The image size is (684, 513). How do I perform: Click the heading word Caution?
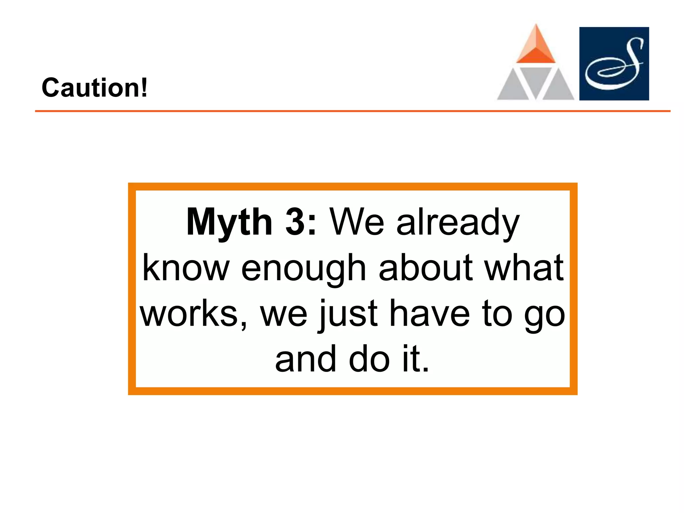[94, 88]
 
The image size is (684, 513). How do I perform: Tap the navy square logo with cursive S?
[614, 63]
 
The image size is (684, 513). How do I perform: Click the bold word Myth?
[229, 222]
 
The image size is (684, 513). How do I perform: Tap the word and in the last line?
[305, 359]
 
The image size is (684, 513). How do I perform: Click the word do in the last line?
[369, 359]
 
